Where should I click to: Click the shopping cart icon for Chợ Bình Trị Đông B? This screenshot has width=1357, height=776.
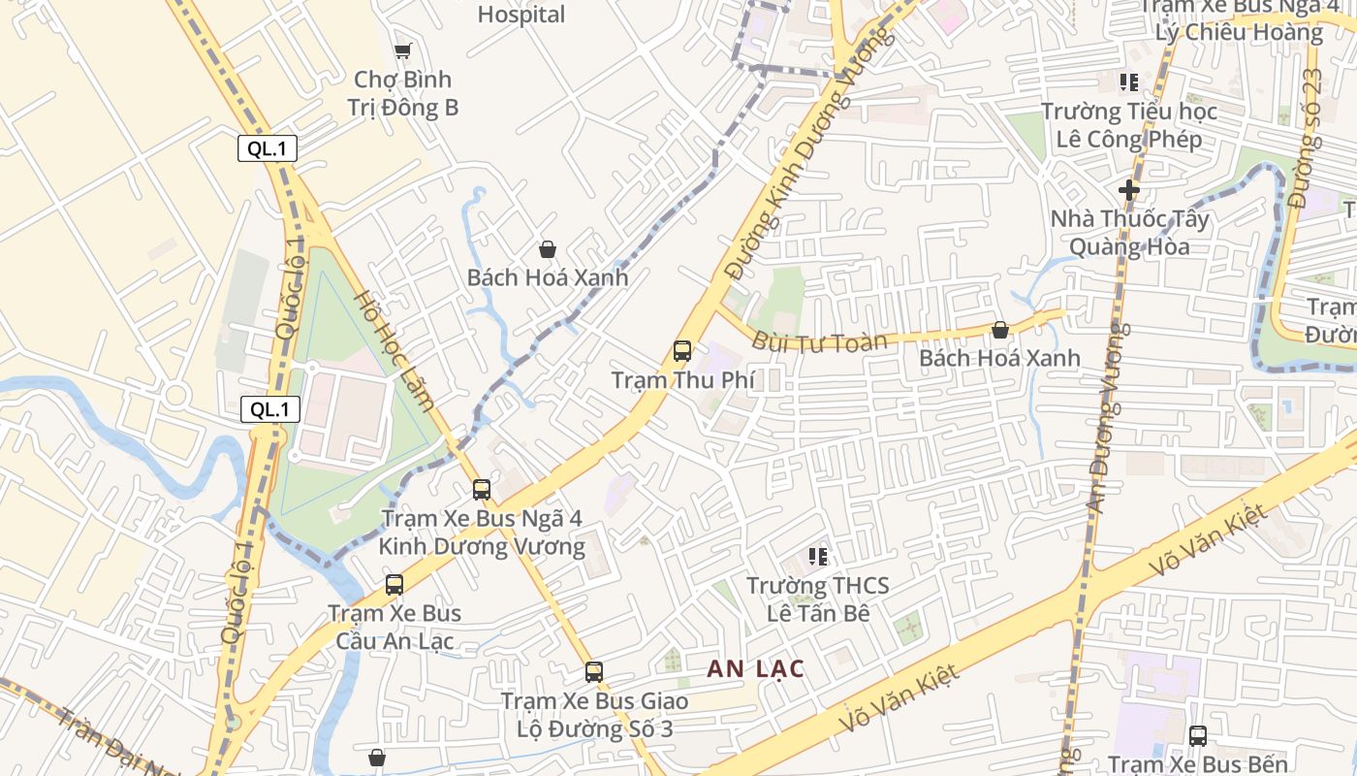point(402,50)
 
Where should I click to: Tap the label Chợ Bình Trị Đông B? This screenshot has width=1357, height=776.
point(402,93)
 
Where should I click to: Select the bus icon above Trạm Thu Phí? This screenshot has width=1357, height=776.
point(682,351)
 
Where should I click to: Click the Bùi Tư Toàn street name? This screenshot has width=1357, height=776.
point(819,341)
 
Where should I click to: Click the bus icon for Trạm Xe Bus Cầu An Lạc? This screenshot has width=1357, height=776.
point(394,585)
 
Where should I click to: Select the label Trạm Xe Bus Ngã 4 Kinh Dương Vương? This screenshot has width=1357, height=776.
point(482,533)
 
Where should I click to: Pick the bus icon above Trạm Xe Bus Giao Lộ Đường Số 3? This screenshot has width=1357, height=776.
point(594,671)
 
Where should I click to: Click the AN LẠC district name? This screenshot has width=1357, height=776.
point(755,668)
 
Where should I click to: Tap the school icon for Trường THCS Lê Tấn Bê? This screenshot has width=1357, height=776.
point(818,557)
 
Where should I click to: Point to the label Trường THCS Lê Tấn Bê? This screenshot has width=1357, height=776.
point(818,599)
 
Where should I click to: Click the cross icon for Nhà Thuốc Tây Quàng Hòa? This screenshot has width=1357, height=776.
point(1129,190)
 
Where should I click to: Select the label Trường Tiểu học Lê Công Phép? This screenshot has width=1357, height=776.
point(1129,125)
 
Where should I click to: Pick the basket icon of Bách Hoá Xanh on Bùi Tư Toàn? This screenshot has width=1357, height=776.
point(1000,331)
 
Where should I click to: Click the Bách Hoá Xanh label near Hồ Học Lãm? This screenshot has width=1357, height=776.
point(548,277)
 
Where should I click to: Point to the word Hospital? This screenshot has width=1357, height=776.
point(521,15)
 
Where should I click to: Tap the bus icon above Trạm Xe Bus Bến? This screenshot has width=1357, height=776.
point(1198,735)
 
